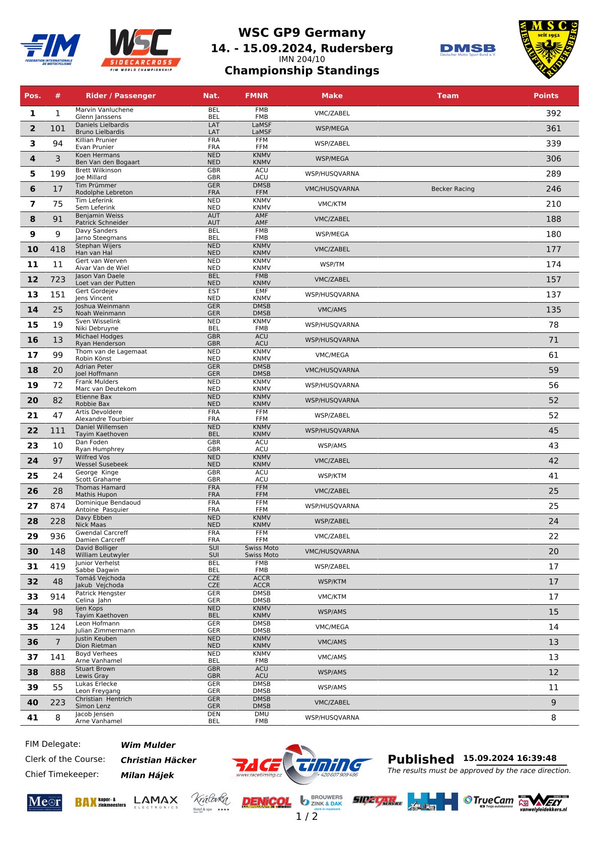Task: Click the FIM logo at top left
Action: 50,49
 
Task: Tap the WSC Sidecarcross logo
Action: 140,49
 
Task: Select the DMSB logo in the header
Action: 467,50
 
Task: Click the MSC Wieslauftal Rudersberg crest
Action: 548,49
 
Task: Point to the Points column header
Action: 546,96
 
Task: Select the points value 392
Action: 553,113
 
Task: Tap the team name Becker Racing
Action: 453,189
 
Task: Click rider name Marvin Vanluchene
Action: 104,110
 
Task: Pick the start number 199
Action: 58,174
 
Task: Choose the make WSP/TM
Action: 332,264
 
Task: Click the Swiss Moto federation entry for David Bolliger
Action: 261,548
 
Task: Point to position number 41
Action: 33,718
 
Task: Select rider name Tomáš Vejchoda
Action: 100,578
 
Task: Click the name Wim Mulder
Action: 148,745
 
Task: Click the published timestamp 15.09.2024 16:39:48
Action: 509,758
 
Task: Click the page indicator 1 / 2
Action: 307,816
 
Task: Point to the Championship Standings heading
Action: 302,70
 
